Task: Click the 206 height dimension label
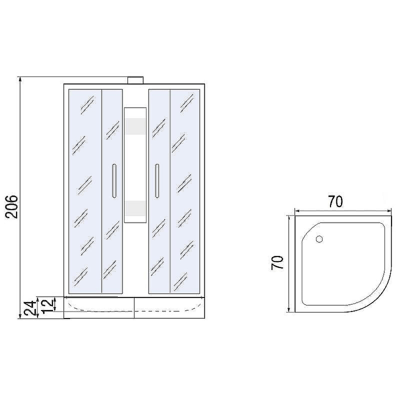tap(11, 206)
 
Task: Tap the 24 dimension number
tap(30, 308)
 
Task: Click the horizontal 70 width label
tap(335, 201)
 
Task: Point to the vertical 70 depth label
tap(277, 262)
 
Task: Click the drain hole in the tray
tap(319, 239)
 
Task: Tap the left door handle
tap(114, 181)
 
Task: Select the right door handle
tap(157, 181)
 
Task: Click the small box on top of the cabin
tap(135, 80)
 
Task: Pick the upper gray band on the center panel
tap(135, 126)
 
